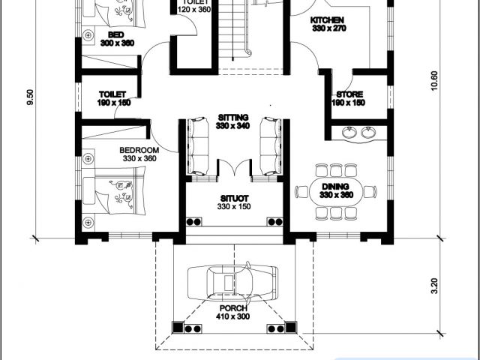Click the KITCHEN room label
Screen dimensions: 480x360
(x=327, y=20)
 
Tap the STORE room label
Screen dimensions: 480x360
(x=349, y=94)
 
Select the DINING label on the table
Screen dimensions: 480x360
(x=335, y=187)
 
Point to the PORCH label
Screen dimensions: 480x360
(x=233, y=308)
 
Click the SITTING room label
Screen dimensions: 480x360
(x=233, y=118)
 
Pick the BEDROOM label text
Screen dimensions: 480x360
(x=139, y=150)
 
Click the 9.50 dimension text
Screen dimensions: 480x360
(x=31, y=97)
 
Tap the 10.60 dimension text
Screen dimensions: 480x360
(x=435, y=81)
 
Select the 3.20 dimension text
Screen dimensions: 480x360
(x=435, y=286)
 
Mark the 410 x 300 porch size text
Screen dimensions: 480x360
(x=233, y=316)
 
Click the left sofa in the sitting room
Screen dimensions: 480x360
(x=198, y=146)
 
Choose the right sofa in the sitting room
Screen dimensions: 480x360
(x=271, y=146)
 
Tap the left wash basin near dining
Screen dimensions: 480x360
(x=349, y=133)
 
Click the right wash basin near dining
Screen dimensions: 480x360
(x=368, y=133)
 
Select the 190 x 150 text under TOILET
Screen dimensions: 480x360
(x=114, y=103)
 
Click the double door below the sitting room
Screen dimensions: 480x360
(x=235, y=168)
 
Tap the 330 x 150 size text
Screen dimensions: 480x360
(x=234, y=207)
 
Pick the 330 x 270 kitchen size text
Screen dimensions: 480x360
(x=329, y=28)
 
